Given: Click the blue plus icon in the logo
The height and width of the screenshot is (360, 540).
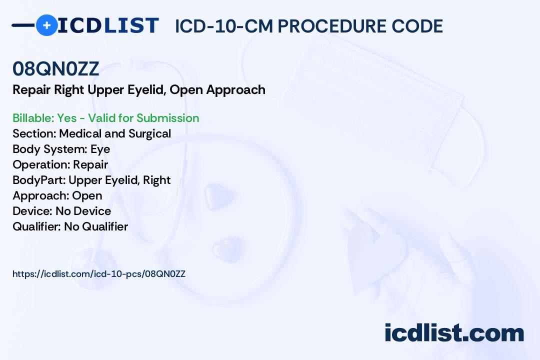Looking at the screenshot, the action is (46, 25).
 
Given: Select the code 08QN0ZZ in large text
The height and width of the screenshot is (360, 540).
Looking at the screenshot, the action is (56, 68).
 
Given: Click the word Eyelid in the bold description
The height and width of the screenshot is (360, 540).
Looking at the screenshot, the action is (147, 90).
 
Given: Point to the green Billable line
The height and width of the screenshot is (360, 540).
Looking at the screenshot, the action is (105, 118).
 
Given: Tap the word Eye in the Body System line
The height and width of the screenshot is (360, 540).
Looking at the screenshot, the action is (100, 149).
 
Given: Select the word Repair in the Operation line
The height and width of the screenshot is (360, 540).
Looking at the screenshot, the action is (90, 164).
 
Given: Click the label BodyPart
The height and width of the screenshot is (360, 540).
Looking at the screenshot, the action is (39, 180).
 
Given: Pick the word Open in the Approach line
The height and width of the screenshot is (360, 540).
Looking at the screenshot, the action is (87, 195).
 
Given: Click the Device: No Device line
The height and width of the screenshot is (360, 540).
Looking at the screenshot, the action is (62, 211).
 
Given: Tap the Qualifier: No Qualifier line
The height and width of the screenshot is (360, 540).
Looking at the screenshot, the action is (70, 226).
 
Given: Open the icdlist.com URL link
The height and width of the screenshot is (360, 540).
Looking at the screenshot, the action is (99, 274).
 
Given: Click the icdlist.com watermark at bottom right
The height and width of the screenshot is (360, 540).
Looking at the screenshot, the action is (454, 332).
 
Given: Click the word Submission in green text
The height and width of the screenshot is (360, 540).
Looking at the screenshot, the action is (167, 118).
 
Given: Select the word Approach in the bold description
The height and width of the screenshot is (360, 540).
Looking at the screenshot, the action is (236, 90).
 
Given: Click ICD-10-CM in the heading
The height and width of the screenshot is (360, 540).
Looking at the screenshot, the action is (224, 26).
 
